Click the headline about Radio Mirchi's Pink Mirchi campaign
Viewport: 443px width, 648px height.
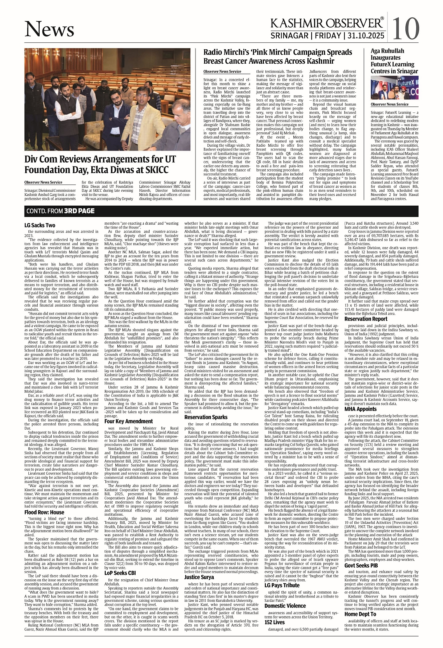pyautogui.click(x=278, y=56)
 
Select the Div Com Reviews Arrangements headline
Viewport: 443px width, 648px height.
pyautogui.click(x=100, y=165)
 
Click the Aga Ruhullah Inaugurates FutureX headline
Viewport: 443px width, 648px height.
pyautogui.click(x=392, y=61)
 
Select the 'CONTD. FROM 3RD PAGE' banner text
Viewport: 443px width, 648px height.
pyautogui.click(x=60, y=211)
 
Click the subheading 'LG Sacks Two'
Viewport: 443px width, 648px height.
pyautogui.click(x=40, y=225)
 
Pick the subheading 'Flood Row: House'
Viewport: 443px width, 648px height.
pyautogui.click(x=44, y=512)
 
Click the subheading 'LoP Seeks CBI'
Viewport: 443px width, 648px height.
pyautogui.click(x=120, y=573)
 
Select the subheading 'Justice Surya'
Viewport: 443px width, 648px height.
pyautogui.click(x=199, y=577)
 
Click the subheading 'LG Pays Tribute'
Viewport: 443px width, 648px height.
pyautogui.click(x=282, y=585)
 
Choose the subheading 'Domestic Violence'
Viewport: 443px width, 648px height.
pyautogui.click(x=285, y=606)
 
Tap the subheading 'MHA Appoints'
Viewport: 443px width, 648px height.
pyautogui.click(x=360, y=409)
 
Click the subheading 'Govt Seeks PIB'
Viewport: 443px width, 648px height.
pyautogui.click(x=361, y=565)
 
